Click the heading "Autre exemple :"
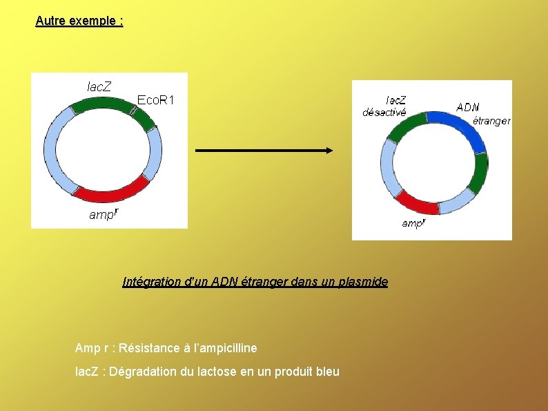click(79, 21)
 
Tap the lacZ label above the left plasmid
click(99, 86)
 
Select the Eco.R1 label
click(156, 100)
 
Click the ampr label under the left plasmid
click(104, 214)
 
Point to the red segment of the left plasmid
click(117, 187)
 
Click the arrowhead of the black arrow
click(329, 151)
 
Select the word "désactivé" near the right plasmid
click(384, 113)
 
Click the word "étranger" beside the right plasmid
click(491, 121)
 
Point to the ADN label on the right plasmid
click(468, 107)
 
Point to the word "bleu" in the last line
click(326, 372)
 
